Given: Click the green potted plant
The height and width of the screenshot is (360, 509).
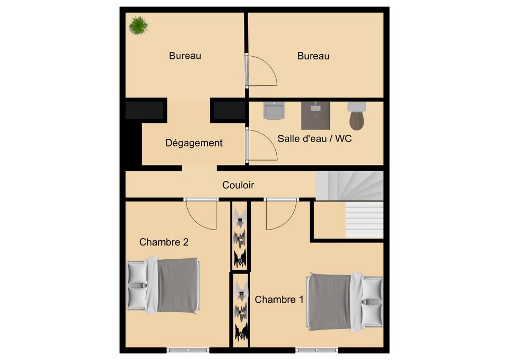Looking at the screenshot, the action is click(138, 25).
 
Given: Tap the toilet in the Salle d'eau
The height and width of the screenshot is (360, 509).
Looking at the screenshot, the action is click(356, 116).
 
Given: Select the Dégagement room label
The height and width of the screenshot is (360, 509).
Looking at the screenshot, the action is click(194, 143).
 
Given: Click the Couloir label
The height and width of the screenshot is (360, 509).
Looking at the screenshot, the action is click(238, 185).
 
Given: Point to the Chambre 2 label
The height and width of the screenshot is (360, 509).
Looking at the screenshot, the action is click(164, 242).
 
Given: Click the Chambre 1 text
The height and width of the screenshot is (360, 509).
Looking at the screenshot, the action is click(279, 300).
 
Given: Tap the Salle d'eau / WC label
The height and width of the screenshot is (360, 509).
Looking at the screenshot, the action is click(314, 138).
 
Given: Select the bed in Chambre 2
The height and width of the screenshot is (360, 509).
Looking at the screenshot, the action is click(163, 285).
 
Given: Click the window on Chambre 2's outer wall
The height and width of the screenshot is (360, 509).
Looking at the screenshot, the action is click(188, 350).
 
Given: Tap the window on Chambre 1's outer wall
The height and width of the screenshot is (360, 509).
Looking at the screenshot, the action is click(317, 350).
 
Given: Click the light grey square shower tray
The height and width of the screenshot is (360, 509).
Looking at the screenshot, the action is click(274, 111).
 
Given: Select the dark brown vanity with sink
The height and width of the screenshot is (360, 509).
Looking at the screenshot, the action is click(315, 116).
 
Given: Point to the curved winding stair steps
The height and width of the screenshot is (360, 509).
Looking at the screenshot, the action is click(349, 186).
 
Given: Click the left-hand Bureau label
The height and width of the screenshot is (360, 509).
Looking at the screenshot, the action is click(185, 56).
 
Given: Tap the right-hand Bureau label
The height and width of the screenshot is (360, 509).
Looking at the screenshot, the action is click(313, 56).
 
